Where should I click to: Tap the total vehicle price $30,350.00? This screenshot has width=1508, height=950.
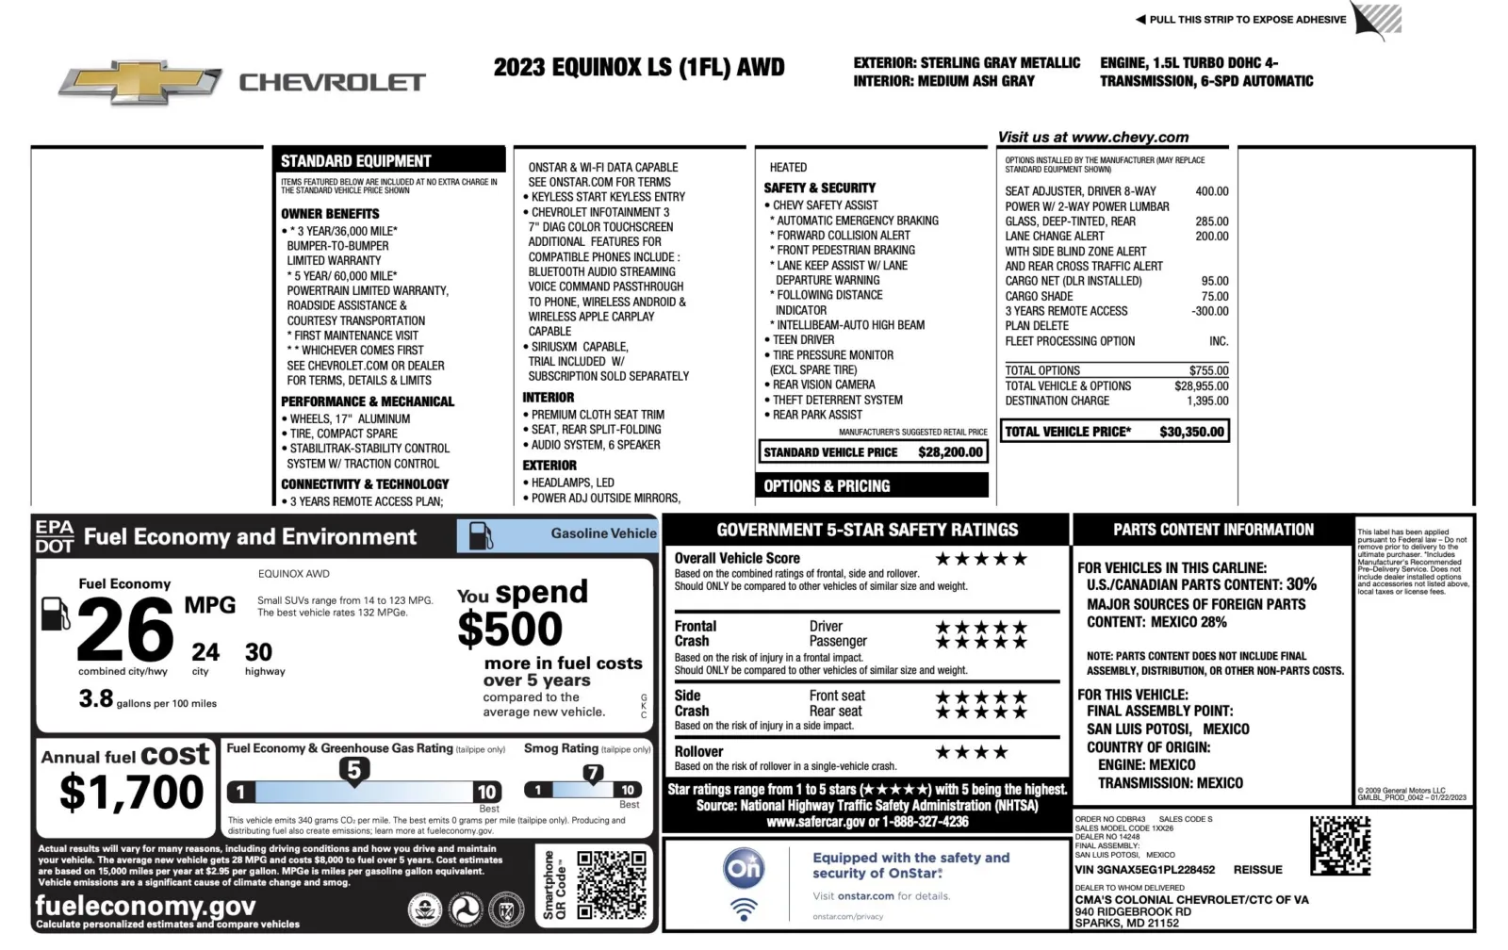[1191, 432]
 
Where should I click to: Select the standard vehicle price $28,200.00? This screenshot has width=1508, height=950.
[950, 452]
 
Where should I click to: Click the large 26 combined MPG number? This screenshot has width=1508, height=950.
[125, 631]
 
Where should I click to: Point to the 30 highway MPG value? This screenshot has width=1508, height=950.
[259, 652]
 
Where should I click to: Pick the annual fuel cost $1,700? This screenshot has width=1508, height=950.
[131, 792]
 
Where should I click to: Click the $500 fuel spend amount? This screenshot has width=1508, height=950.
[510, 629]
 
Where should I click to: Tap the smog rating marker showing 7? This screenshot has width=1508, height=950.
[592, 774]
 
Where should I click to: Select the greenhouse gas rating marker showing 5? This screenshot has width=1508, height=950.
[354, 771]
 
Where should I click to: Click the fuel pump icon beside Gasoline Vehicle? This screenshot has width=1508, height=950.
[481, 535]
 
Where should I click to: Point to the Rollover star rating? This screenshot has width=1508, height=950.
[972, 752]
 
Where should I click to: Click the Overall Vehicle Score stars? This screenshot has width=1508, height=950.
[981, 559]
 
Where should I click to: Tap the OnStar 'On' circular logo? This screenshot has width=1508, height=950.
[743, 867]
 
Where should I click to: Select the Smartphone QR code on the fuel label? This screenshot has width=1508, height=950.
[612, 885]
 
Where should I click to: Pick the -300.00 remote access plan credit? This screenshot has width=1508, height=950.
[1209, 311]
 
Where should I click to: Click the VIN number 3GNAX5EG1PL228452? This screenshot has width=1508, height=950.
[1144, 870]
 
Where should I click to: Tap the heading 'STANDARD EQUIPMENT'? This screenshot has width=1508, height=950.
[355, 161]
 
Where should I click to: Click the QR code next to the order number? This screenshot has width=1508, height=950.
[1339, 845]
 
